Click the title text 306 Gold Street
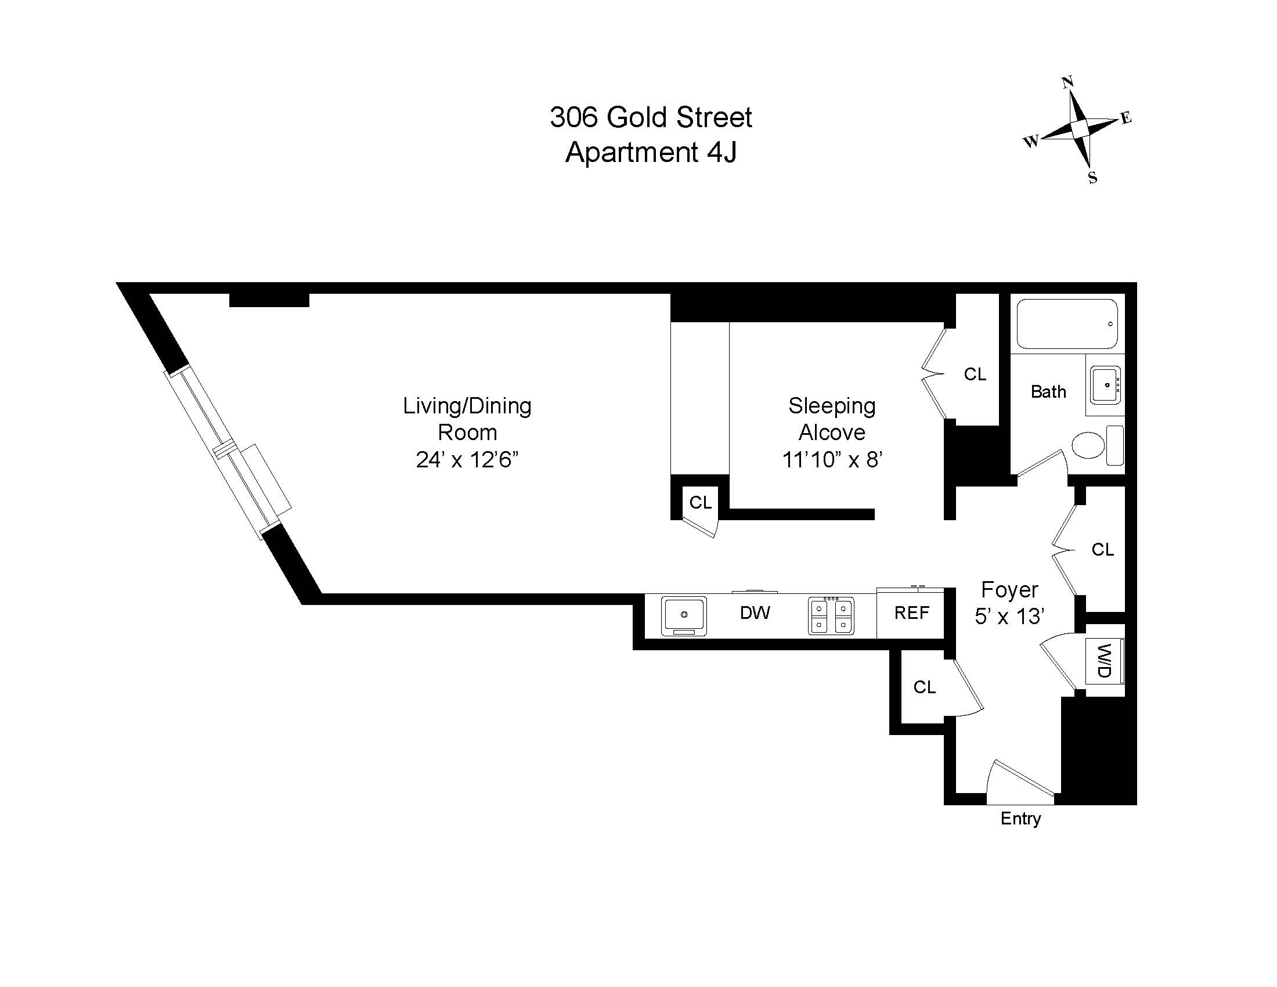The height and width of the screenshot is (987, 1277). pyautogui.click(x=650, y=117)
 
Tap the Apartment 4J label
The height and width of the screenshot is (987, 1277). pyautogui.click(x=650, y=153)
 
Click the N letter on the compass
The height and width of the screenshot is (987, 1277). pyautogui.click(x=1067, y=82)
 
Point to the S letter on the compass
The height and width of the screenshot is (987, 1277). pyautogui.click(x=1092, y=178)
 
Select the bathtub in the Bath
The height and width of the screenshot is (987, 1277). pyautogui.click(x=1067, y=324)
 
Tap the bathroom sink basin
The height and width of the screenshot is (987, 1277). pyautogui.click(x=1105, y=386)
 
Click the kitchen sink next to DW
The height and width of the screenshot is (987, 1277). pyautogui.click(x=684, y=615)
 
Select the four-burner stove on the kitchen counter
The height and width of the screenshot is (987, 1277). pyautogui.click(x=831, y=615)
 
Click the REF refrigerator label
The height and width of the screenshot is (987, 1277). pyautogui.click(x=911, y=613)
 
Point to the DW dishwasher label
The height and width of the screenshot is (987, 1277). pyautogui.click(x=755, y=613)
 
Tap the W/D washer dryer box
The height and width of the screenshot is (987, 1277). pyautogui.click(x=1104, y=661)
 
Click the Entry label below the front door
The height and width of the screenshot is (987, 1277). pyautogui.click(x=1020, y=818)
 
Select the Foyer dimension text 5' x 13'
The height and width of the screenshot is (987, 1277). pyautogui.click(x=1009, y=617)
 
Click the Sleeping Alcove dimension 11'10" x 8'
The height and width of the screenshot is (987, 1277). pyautogui.click(x=831, y=460)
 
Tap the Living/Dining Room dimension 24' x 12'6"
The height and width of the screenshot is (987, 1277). pyautogui.click(x=467, y=460)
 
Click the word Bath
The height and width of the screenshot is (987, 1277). pyautogui.click(x=1048, y=392)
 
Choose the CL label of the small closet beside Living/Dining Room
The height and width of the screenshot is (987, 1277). pyautogui.click(x=700, y=502)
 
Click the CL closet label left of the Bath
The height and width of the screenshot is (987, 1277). pyautogui.click(x=975, y=374)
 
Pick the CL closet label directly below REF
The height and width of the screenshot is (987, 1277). pyautogui.click(x=925, y=687)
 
